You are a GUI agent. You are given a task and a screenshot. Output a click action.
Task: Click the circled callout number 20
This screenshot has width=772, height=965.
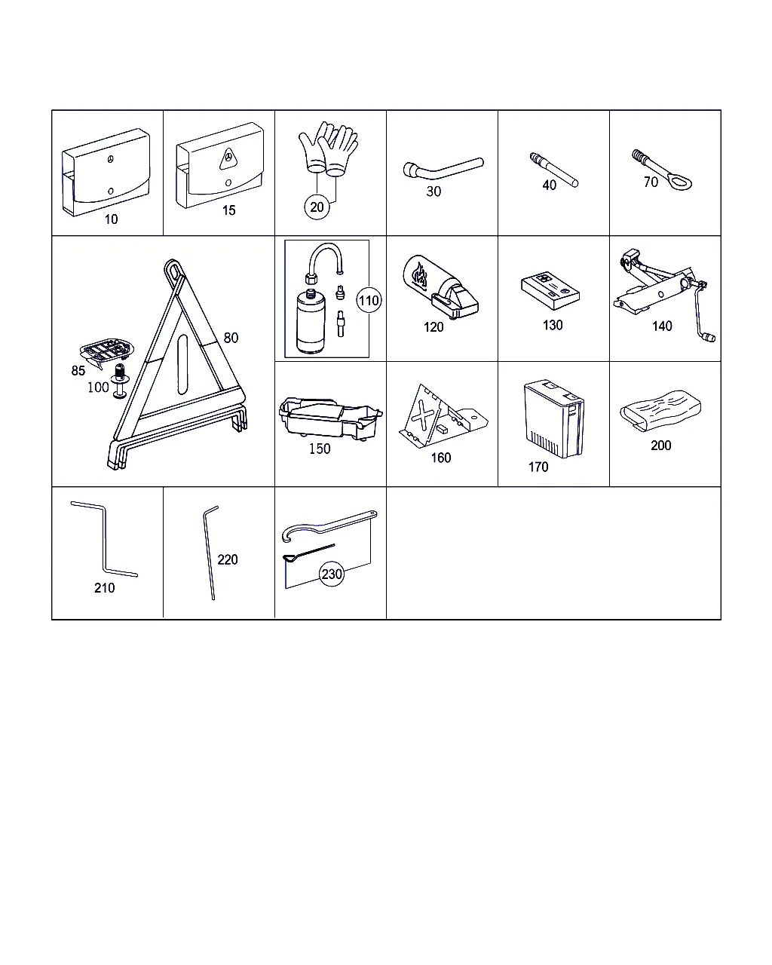coord(317,207)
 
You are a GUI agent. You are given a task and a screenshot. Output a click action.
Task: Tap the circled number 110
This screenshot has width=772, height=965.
coord(369,300)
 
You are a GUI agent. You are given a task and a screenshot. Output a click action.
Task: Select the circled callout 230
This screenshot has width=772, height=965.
coord(332,574)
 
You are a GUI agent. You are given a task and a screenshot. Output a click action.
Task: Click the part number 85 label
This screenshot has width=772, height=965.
coord(78,370)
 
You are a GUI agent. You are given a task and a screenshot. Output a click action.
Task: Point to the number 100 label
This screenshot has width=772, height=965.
coord(98,387)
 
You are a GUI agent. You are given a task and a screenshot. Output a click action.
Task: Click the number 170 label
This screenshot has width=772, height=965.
coord(538,467)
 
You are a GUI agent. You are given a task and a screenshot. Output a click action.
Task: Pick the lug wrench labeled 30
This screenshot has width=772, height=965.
coord(442,168)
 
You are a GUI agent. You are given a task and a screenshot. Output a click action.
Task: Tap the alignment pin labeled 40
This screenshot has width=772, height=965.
coord(553,170)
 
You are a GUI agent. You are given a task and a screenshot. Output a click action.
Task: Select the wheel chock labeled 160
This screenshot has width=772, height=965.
coord(442,416)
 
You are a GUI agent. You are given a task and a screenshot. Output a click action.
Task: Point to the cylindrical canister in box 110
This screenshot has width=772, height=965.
coord(311,321)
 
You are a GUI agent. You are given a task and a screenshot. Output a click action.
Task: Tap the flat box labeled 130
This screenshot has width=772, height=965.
coord(550,289)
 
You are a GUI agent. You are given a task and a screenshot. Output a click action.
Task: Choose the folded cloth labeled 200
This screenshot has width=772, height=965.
coord(660,410)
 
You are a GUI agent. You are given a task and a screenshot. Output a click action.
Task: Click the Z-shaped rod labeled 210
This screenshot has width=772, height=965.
coord(105,538)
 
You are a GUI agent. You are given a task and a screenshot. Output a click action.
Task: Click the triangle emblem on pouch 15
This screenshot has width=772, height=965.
coord(228,159)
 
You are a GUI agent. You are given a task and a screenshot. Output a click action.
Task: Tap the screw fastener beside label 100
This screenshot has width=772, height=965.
coord(119,381)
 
